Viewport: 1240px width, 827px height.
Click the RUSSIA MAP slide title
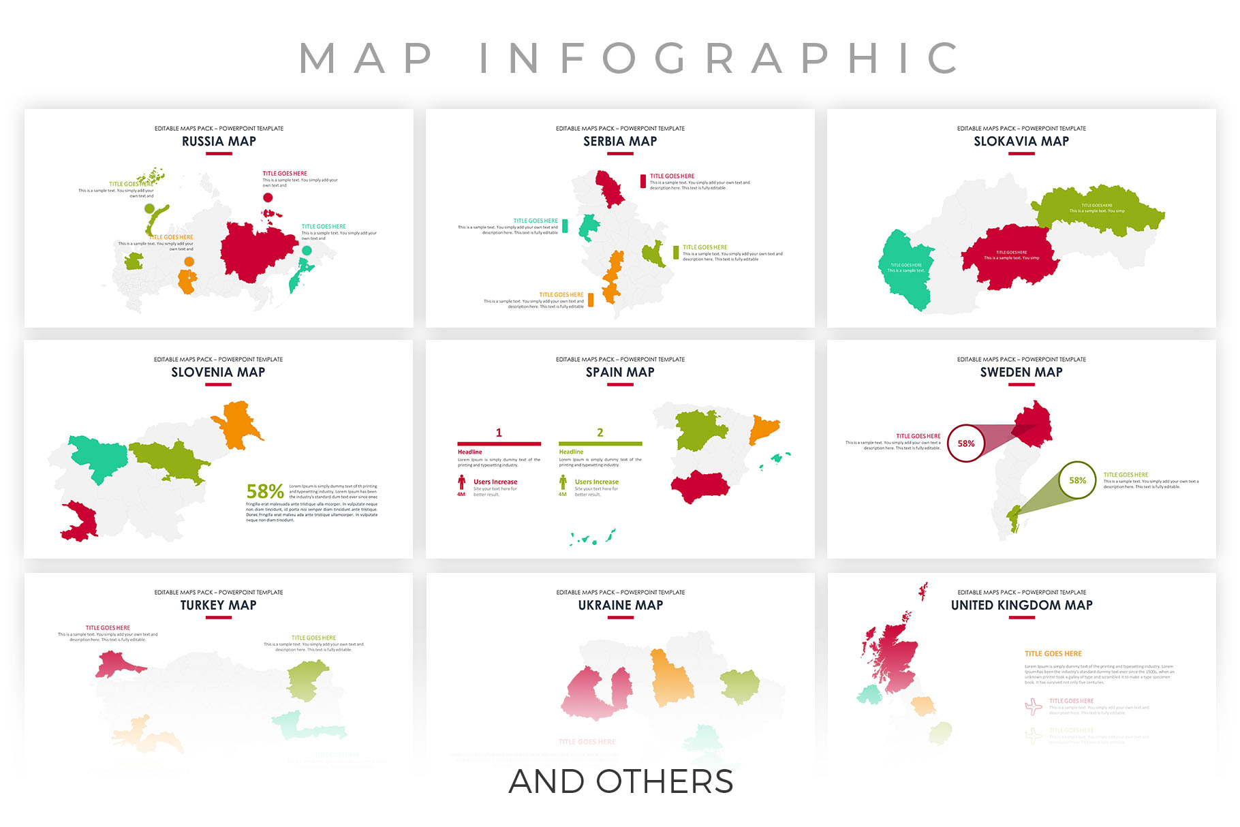click(219, 142)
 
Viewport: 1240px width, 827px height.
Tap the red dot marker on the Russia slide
click(268, 198)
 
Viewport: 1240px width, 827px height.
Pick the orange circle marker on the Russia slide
click(189, 262)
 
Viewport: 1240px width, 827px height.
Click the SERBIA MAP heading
click(620, 142)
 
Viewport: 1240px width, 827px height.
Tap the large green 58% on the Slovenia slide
click(265, 491)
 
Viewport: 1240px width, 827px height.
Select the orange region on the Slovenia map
click(236, 423)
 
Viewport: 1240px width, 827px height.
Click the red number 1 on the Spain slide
click(499, 433)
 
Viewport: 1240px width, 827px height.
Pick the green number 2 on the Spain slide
click(600, 433)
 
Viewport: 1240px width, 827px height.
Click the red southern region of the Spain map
click(700, 486)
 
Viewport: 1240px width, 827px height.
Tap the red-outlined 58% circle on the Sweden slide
click(966, 443)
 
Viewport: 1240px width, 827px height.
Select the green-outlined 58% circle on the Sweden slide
click(1077, 480)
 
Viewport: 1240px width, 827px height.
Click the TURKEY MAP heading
click(218, 606)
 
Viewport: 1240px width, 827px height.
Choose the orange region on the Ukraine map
click(671, 677)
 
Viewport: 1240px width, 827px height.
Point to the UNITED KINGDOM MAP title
click(1021, 606)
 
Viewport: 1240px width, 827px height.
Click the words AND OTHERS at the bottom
click(621, 782)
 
